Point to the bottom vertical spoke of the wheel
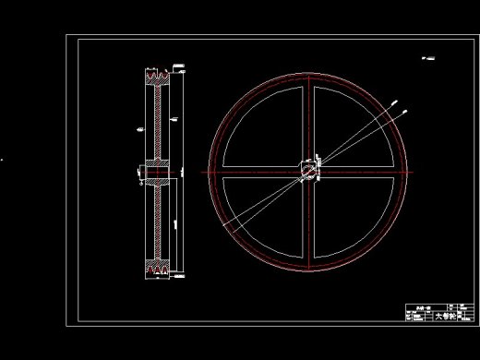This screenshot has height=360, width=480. tap(311, 226)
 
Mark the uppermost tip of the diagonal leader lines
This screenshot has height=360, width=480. tap(406, 112)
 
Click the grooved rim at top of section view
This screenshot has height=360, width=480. tap(158, 78)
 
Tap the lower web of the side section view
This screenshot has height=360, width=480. tap(159, 222)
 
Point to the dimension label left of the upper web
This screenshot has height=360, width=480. tap(138, 128)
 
